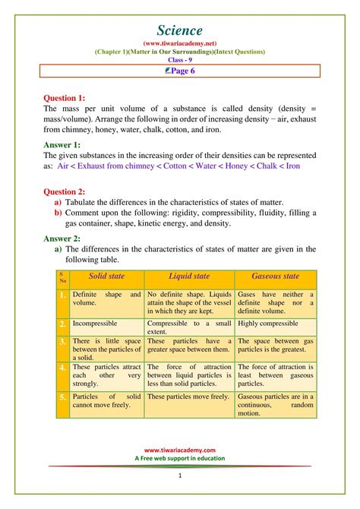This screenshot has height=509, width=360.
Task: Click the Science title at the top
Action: pyautogui.click(x=180, y=30)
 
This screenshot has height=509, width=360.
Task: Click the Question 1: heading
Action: pyautogui.click(x=70, y=98)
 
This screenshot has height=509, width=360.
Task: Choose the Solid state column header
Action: pyautogui.click(x=106, y=277)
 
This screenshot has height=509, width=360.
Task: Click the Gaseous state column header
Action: pyautogui.click(x=275, y=277)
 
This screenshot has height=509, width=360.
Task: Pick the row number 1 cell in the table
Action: pyautogui.click(x=62, y=295)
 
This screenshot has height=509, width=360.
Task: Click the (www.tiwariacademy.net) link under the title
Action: pyautogui.click(x=180, y=43)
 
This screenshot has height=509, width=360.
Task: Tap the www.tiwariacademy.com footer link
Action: pyautogui.click(x=180, y=450)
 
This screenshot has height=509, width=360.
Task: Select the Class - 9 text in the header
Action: pyautogui.click(x=180, y=59)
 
